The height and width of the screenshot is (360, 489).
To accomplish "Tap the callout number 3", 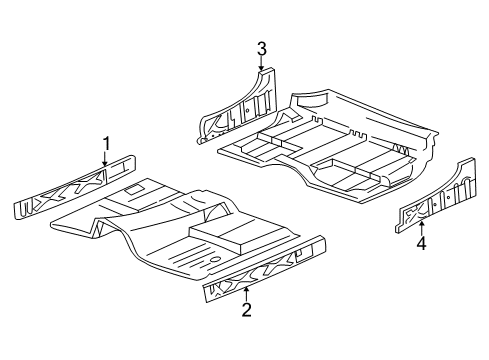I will (x=261, y=47).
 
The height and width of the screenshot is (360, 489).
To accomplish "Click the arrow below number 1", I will (x=105, y=157).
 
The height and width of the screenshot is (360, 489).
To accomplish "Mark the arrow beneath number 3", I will (x=261, y=65).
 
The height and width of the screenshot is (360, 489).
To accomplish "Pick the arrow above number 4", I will (x=421, y=224).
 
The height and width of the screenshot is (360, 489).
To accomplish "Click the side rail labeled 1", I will (x=75, y=190).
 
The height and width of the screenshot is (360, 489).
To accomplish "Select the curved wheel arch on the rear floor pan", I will (x=311, y=100).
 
